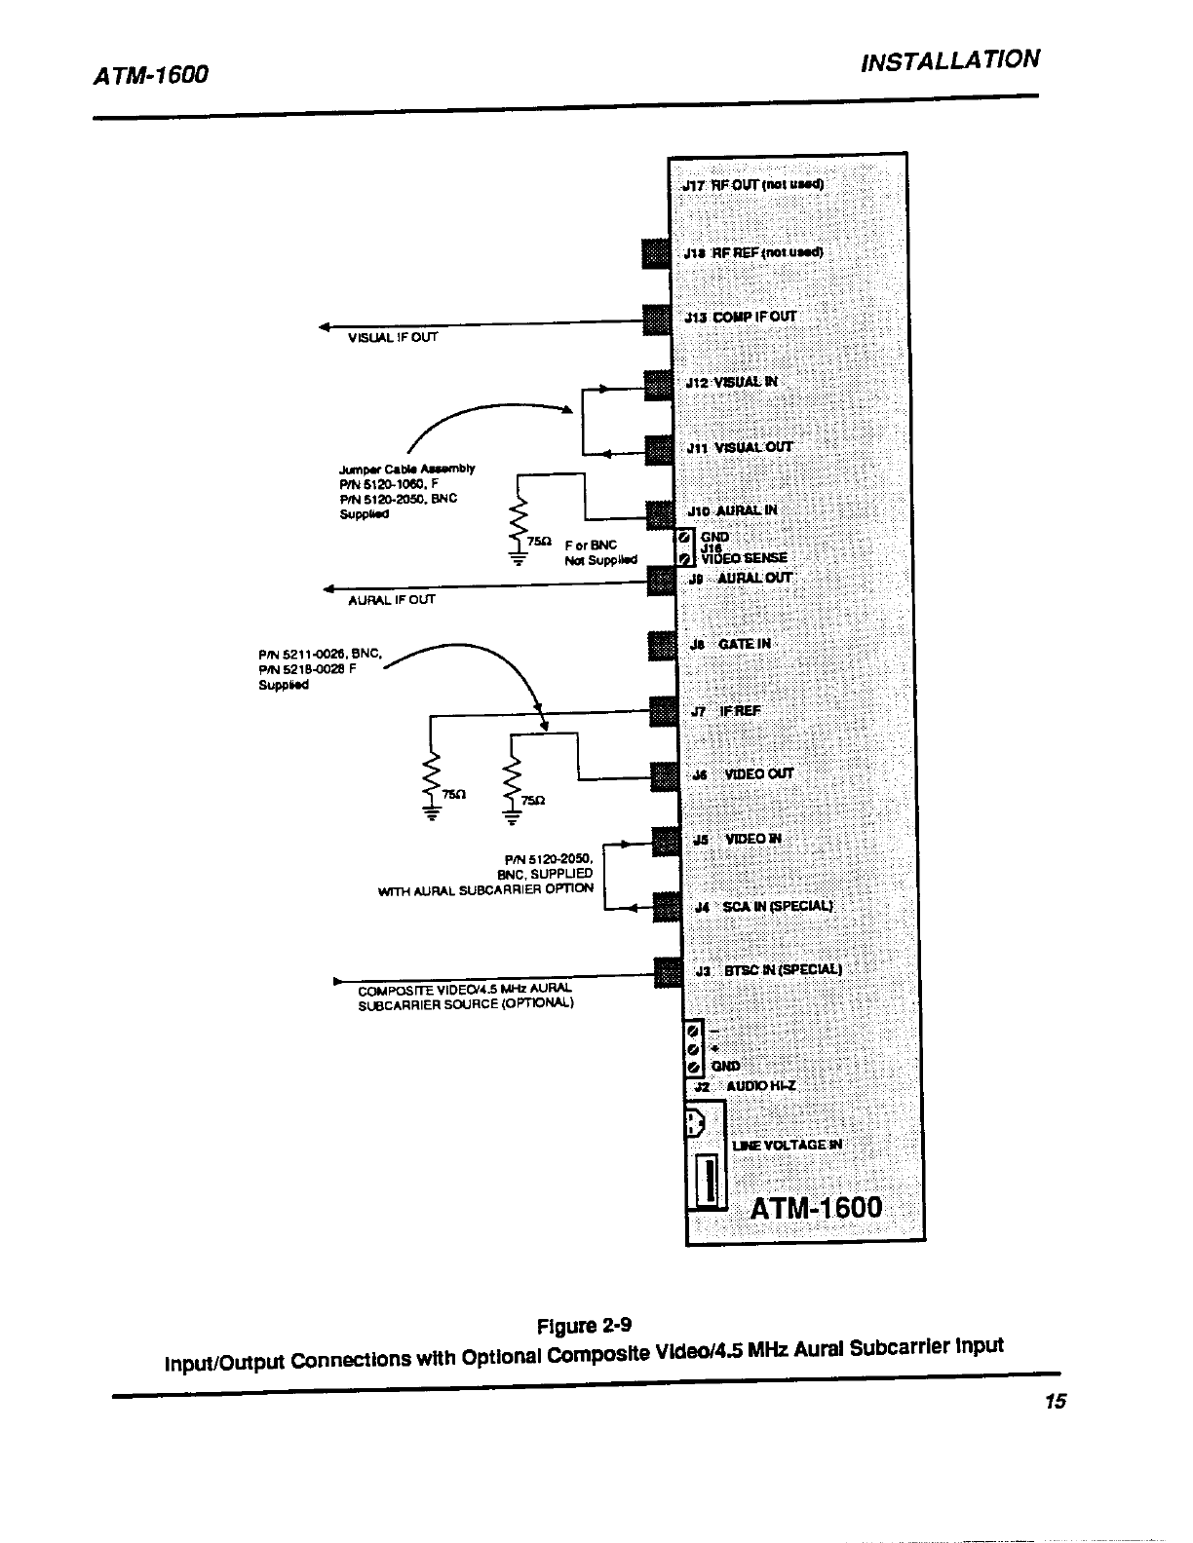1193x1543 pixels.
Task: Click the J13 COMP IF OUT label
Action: tap(741, 317)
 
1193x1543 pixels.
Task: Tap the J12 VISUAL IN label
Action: tap(732, 382)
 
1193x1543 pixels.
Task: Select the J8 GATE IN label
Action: tap(730, 644)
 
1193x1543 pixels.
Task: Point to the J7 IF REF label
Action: tap(725, 711)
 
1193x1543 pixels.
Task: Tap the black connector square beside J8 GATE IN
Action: tap(662, 646)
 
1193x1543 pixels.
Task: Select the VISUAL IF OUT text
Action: tap(394, 338)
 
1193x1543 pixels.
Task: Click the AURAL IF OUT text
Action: tap(392, 600)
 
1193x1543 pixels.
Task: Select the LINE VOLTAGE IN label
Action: tap(787, 1145)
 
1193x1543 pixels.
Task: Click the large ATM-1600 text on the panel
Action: tap(817, 1208)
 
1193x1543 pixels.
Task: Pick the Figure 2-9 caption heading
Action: tap(585, 1326)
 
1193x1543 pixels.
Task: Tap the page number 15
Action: tap(1056, 1402)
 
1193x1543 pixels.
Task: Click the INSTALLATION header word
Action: tap(950, 61)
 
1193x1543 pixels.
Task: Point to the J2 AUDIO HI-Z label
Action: tap(746, 1086)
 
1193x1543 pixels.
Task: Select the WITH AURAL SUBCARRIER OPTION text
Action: tap(485, 889)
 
